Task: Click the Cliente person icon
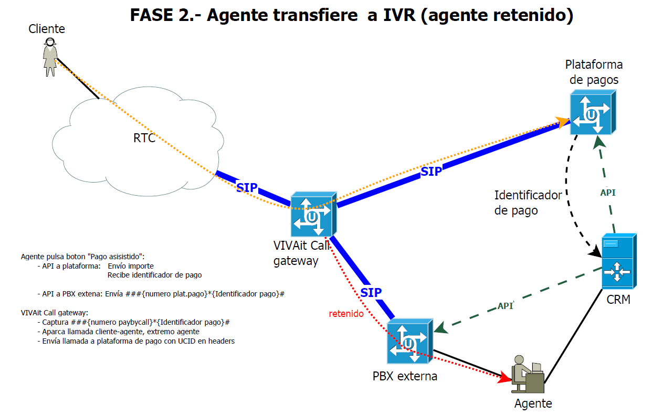[x=50, y=57]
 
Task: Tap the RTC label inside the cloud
[x=144, y=139]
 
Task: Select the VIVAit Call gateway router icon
[x=313, y=214]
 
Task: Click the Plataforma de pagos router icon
[x=592, y=112]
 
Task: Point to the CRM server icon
[x=618, y=261]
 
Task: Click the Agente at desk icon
[x=528, y=374]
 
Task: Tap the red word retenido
[x=346, y=314]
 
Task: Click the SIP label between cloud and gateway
[x=247, y=187]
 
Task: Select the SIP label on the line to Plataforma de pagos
[x=431, y=171]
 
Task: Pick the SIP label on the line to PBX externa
[x=371, y=292]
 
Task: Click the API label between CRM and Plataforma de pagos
[x=608, y=193]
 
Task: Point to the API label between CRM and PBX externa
[x=505, y=306]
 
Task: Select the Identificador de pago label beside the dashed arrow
[x=528, y=203]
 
